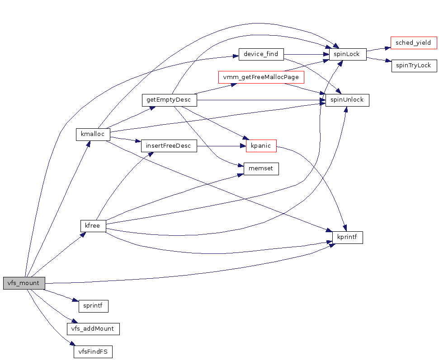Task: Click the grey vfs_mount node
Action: [24, 283]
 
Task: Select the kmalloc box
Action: [93, 135]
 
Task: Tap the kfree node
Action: [93, 225]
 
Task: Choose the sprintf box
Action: [94, 306]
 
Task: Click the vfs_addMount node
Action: [93, 328]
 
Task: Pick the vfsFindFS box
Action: [93, 351]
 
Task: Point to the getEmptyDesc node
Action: [169, 100]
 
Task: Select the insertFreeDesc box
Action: [169, 146]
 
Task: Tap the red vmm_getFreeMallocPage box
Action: [261, 77]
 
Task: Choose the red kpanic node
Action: [261, 146]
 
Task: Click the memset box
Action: [261, 169]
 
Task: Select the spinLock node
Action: [347, 54]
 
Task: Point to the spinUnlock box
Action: [347, 100]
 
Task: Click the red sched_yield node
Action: [413, 43]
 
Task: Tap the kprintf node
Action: [348, 237]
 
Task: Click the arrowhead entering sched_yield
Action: [387, 46]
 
